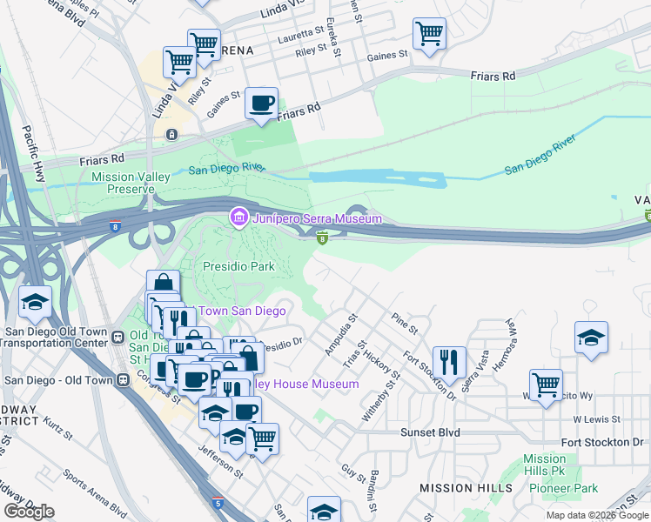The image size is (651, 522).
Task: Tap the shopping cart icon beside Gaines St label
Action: pyautogui.click(x=430, y=35)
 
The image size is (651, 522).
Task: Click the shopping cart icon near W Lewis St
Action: pyautogui.click(x=546, y=384)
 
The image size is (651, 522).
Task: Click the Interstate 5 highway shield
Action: pyautogui.click(x=218, y=503)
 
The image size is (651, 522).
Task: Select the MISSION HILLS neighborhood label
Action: pyautogui.click(x=466, y=488)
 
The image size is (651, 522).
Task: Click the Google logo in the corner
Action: pyautogui.click(x=29, y=512)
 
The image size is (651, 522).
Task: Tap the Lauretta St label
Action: pyautogui.click(x=300, y=38)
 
